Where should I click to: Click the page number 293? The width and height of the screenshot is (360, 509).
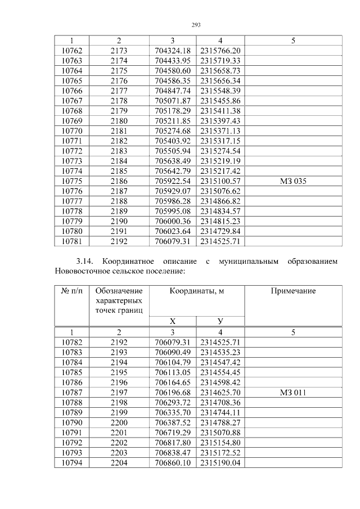point(196,25)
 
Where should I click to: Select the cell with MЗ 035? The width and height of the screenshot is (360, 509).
point(293,182)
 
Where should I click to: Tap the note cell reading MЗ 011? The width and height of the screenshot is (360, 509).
point(293,393)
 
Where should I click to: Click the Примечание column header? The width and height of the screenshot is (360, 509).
point(293,291)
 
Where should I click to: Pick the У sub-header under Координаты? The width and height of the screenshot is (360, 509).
point(220,321)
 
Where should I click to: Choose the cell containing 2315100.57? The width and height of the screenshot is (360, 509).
point(220,182)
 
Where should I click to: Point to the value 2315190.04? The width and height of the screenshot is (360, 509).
point(220,463)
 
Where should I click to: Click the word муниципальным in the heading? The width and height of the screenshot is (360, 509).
point(247,262)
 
